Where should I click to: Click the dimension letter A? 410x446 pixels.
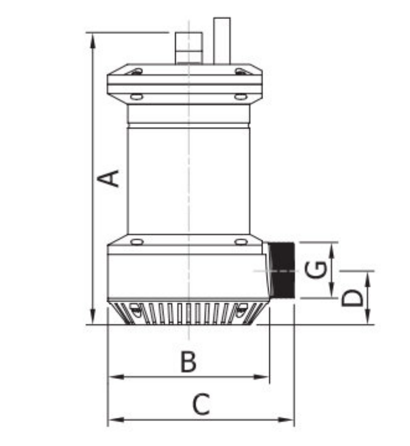click(x=109, y=178)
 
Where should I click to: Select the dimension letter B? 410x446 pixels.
click(x=188, y=362)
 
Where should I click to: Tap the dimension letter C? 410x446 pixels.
click(x=201, y=405)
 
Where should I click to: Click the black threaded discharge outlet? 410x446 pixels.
click(x=283, y=271)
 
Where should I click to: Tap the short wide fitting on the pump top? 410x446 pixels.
click(x=189, y=49)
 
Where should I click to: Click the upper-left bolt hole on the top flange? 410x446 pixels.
click(x=136, y=73)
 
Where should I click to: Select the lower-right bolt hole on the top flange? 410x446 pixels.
click(x=240, y=96)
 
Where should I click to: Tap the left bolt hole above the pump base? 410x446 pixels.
click(x=136, y=241)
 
